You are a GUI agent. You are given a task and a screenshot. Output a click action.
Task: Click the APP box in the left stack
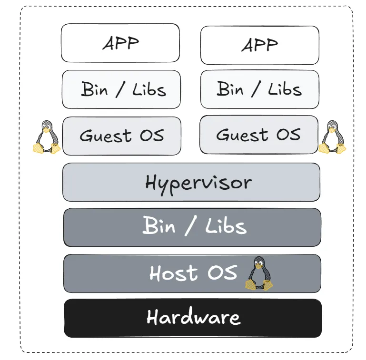tap(120, 43)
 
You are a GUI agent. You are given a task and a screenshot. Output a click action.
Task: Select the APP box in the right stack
tap(260, 45)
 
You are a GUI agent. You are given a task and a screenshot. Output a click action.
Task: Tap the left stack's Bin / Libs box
tap(121, 89)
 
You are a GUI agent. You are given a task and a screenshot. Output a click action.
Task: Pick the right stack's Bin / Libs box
tap(260, 89)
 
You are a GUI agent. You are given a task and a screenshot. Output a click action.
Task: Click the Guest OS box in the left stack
tap(122, 136)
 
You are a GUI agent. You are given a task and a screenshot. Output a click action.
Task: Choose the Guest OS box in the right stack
tap(259, 135)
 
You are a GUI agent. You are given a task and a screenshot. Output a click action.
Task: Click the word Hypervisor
tap(198, 184)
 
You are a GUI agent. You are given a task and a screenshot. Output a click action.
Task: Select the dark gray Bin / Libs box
tap(192, 227)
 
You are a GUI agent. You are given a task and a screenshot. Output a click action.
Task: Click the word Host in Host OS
tap(174, 273)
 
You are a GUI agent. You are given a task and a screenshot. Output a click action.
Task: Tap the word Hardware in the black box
tap(194, 316)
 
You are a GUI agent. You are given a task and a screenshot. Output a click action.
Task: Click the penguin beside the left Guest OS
tap(47, 137)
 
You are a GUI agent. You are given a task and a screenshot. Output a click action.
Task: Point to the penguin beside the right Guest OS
tap(332, 137)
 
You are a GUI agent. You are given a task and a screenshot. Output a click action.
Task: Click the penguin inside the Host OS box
tap(259, 273)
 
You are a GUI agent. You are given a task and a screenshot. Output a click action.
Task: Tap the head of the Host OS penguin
tap(259, 263)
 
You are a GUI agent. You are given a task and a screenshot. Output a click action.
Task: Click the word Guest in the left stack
tap(106, 136)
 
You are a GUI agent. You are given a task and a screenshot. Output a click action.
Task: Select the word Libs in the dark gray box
tap(226, 225)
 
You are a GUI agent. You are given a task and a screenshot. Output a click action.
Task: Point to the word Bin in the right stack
tap(230, 88)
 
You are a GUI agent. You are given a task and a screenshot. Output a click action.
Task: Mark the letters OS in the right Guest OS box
tap(288, 134)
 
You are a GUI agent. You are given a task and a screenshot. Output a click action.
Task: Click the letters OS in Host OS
tap(222, 272)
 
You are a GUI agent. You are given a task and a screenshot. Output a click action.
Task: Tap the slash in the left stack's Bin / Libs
tap(120, 89)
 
